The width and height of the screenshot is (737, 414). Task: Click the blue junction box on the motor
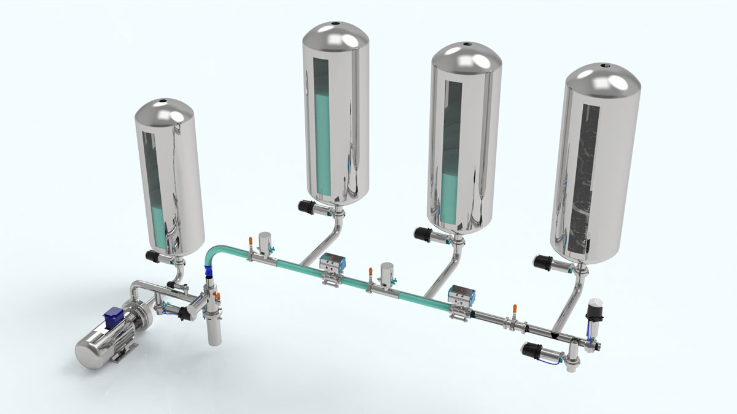click(115, 317)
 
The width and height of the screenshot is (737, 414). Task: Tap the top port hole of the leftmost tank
click(164, 101)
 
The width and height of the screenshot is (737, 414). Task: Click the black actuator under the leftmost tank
click(152, 255)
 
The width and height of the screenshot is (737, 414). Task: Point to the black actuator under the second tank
click(306, 207)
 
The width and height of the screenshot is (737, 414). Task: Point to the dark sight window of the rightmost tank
click(577, 178)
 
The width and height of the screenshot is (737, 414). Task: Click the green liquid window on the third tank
click(451, 153)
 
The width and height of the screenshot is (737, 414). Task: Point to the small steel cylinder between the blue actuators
click(386, 274)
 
